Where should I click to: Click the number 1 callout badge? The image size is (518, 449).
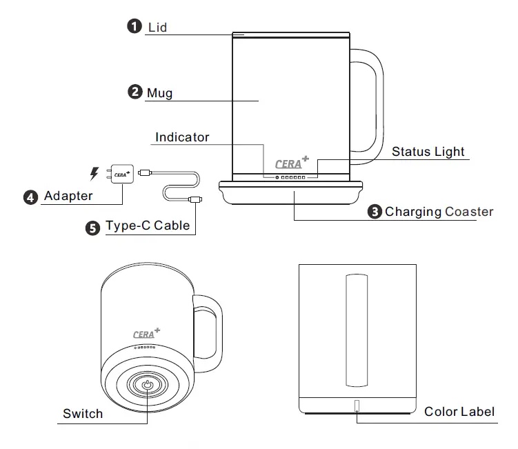[134, 27]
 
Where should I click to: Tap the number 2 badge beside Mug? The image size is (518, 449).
[136, 91]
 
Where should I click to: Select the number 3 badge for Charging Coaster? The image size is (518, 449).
[375, 211]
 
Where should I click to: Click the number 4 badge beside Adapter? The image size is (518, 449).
[31, 197]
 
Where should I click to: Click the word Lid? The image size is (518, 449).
[157, 28]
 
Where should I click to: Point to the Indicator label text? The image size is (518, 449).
[182, 137]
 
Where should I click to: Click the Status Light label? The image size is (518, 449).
[428, 152]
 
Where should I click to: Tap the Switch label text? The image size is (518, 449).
[83, 414]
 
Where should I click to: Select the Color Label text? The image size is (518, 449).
[459, 412]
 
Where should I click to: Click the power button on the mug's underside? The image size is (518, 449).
[148, 384]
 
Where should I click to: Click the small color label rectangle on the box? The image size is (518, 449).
[357, 406]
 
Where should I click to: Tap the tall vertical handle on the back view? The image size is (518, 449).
[357, 330]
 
